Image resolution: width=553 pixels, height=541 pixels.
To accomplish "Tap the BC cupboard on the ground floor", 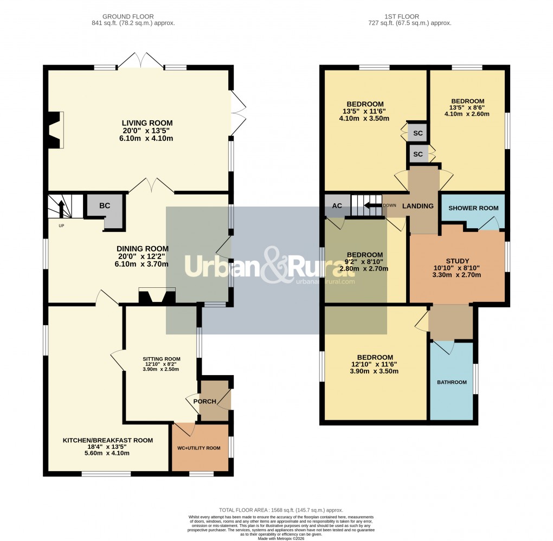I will click(x=105, y=206).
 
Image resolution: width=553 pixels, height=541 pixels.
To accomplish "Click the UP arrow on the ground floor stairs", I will click(x=61, y=209).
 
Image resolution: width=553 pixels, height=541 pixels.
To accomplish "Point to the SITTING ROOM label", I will click(x=161, y=359).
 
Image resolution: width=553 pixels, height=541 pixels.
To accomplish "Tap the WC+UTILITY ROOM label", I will click(x=199, y=448).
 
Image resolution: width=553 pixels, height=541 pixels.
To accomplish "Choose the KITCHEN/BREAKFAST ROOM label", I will click(x=107, y=440).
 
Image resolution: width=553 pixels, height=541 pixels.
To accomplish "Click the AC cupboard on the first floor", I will click(x=337, y=206).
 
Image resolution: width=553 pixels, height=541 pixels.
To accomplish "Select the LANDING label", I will click(x=418, y=206).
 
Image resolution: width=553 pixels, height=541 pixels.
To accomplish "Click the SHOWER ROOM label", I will click(x=473, y=208).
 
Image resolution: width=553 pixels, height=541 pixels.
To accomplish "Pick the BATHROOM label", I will click(x=452, y=382).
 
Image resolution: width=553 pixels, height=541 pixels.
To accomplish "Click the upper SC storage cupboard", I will click(x=417, y=133).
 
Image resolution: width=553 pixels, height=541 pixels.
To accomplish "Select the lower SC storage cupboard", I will click(x=417, y=154).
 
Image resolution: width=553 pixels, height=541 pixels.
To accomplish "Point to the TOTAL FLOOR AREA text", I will click(x=281, y=510).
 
